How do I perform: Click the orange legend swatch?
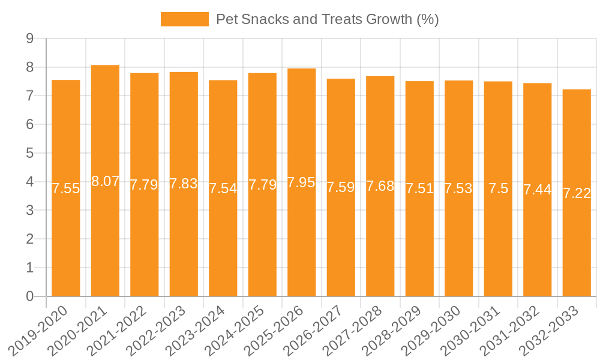click(x=184, y=19)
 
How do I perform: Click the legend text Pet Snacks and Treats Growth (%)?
click(x=328, y=19)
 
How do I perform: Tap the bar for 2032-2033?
click(x=577, y=252)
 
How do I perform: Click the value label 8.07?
click(x=105, y=181)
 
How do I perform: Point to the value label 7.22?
click(x=577, y=193)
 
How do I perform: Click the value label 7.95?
click(x=301, y=182)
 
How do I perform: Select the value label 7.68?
click(x=380, y=186)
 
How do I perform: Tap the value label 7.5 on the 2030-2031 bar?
click(x=498, y=188)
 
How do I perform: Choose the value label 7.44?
click(x=538, y=190)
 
